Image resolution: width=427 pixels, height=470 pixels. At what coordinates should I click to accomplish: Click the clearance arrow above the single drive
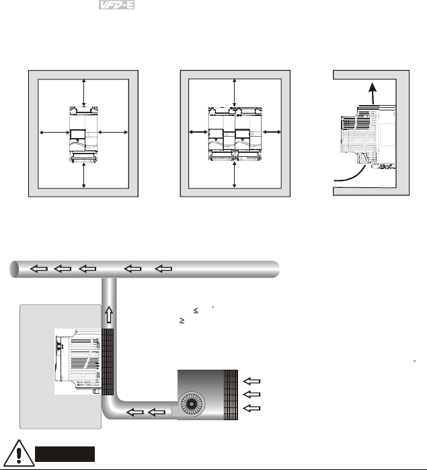[83, 91]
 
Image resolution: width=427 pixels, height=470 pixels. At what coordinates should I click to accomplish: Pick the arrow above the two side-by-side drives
[234, 91]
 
